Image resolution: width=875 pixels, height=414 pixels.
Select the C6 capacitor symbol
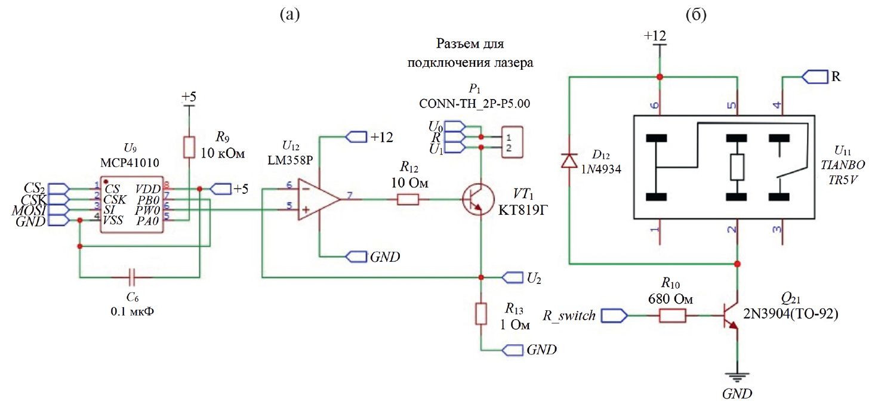133,277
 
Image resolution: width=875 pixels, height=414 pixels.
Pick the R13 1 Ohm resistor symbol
481,314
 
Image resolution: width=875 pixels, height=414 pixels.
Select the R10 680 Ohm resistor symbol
672,316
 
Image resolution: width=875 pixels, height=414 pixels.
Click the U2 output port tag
512,277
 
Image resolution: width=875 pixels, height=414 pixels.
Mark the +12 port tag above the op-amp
355,137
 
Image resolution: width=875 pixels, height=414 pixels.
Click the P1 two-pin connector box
511,142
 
